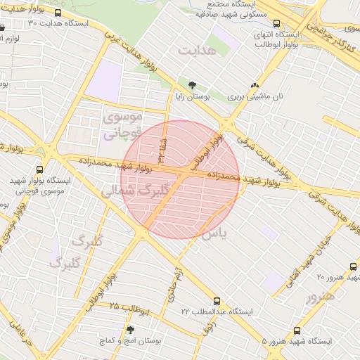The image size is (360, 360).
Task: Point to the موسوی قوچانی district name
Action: (122, 123)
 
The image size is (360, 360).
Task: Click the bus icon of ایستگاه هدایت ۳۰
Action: (58, 13)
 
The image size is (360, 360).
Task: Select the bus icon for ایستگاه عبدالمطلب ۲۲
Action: (216, 300)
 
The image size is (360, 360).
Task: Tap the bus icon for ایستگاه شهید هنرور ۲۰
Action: (354, 266)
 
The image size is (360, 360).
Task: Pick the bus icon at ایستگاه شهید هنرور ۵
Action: (297, 330)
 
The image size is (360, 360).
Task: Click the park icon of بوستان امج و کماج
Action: (129, 329)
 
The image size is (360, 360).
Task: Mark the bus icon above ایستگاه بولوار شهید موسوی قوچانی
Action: (38, 169)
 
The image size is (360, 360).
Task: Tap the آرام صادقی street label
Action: (174, 285)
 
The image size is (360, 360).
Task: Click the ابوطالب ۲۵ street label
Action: (131, 308)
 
